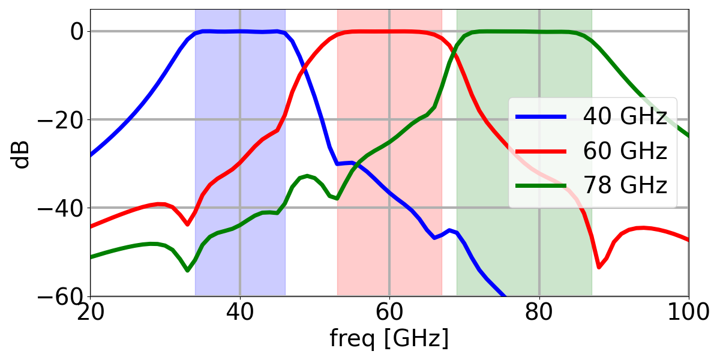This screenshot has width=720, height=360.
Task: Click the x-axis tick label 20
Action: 90,313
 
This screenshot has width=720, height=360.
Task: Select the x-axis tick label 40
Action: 239,313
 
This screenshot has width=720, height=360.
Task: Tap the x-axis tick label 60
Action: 389,313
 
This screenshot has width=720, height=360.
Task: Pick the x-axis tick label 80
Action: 539,313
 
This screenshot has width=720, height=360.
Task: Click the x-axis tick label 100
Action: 688,313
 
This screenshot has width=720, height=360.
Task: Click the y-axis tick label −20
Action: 61,119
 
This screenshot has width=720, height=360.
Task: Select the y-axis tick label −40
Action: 61,208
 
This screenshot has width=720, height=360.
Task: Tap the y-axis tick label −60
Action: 61,296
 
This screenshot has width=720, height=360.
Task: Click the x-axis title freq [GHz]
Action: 389,339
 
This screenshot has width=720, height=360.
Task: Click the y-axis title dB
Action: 22,152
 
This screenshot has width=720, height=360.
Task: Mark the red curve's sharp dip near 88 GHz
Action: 599,267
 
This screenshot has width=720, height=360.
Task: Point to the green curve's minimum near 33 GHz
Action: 188,271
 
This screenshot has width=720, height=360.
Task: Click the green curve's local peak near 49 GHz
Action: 307,176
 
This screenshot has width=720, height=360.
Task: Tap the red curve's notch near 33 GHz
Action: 188,224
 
